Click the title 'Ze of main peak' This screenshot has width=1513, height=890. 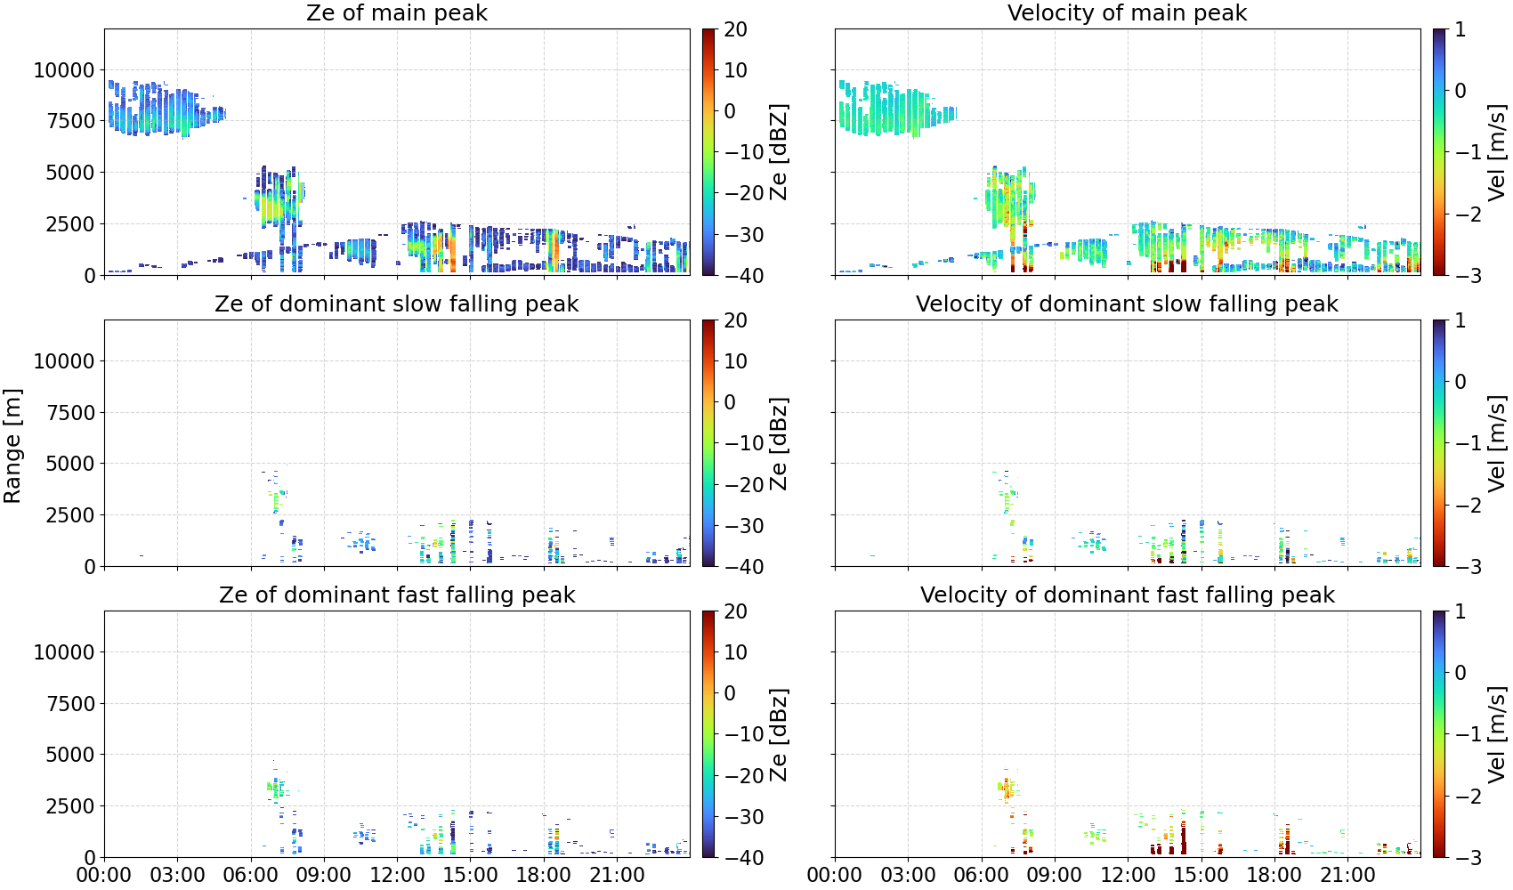396,12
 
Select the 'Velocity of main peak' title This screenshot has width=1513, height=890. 1128,12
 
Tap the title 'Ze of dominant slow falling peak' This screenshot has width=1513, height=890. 396,303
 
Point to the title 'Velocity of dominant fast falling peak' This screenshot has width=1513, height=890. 1128,595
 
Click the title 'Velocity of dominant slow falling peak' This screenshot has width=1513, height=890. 1128,303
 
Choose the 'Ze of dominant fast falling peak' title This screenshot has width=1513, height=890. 396,595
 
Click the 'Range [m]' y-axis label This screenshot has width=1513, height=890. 12,446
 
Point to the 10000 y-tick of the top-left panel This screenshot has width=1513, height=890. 64,70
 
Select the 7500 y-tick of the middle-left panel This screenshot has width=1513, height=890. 70,413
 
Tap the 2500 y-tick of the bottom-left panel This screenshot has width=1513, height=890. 70,806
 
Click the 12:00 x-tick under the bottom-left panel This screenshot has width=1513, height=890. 397,875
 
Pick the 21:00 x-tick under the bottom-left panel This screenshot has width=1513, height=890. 617,875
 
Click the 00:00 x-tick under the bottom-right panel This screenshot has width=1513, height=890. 835,875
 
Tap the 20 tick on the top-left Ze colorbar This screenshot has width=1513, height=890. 735,29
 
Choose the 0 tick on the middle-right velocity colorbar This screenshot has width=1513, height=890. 1460,382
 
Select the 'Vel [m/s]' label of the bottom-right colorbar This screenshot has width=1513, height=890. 1497,734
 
